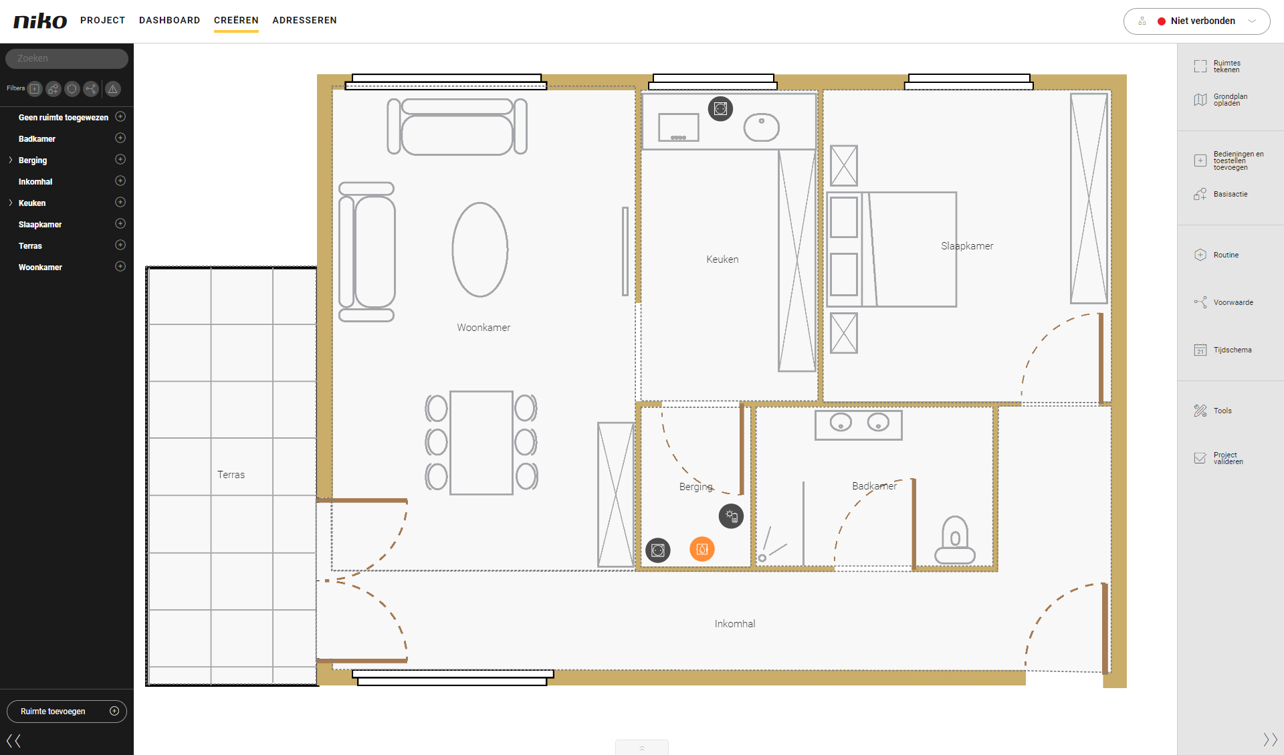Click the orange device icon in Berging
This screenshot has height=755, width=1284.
[x=702, y=549]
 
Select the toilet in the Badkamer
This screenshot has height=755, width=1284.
[x=955, y=540]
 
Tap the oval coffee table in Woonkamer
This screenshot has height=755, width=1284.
[x=480, y=249]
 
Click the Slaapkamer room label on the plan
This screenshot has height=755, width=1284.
[x=967, y=246]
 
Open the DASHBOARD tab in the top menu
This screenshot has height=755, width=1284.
[x=170, y=20]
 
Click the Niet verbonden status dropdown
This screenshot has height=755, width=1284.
[x=1196, y=21]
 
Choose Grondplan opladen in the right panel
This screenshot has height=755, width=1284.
[x=1221, y=100]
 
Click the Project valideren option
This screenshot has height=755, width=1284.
[x=1219, y=458]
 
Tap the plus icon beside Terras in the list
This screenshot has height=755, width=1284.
[x=120, y=245]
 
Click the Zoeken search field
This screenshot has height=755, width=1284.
[x=67, y=58]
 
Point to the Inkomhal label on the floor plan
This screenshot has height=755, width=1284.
[x=735, y=624]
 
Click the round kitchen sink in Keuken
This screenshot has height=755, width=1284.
[x=762, y=127]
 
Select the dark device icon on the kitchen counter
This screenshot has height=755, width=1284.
[x=720, y=108]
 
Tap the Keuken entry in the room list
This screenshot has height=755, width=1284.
[x=32, y=203]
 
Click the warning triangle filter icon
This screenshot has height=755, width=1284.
[x=113, y=89]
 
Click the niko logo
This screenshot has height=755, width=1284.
[x=40, y=21]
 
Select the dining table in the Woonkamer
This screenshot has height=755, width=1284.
[x=481, y=443]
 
